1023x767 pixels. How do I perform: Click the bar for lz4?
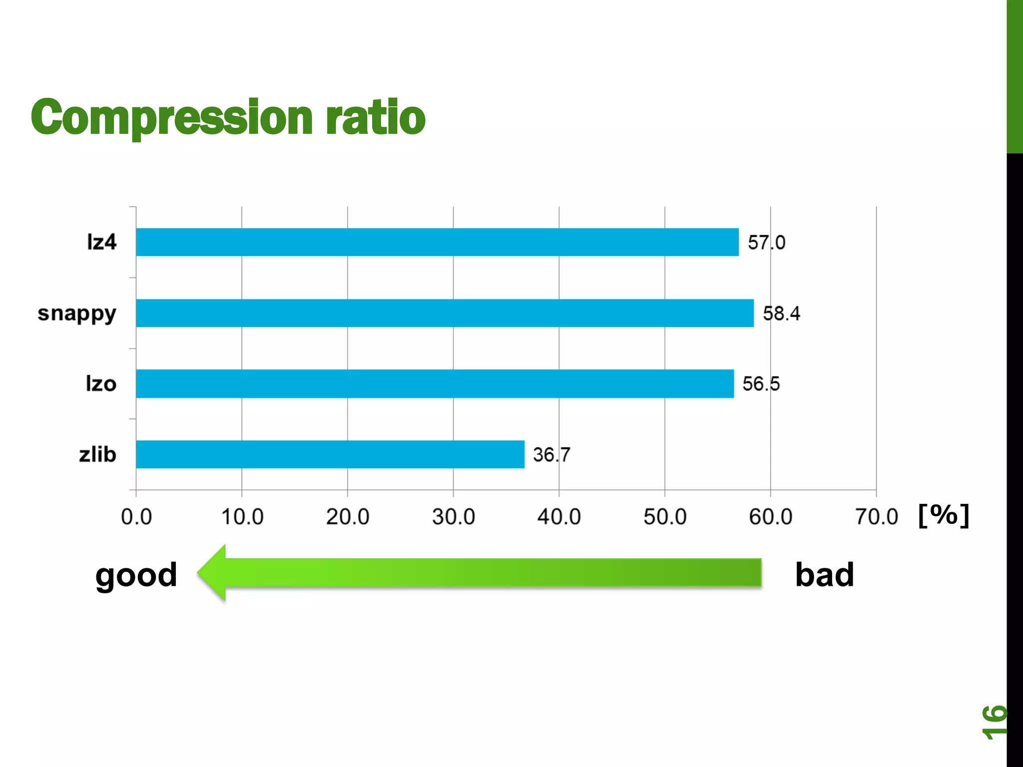tap(437, 242)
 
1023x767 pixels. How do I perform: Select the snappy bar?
tap(445, 313)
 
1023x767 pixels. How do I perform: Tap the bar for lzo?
tap(435, 383)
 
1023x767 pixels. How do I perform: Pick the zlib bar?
tap(330, 454)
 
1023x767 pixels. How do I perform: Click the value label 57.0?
tap(766, 243)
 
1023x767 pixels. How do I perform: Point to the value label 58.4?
tap(781, 314)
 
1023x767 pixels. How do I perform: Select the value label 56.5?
tap(761, 384)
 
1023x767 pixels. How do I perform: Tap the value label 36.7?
tap(551, 455)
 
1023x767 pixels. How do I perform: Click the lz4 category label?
tap(101, 242)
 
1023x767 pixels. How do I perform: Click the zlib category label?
tap(97, 454)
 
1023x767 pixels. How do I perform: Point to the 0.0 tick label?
tap(136, 517)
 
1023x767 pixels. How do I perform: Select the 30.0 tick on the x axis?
tap(454, 517)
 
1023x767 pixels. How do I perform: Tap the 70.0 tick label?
tap(876, 517)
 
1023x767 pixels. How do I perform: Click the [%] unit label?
tap(944, 515)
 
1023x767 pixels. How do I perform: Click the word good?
tap(136, 575)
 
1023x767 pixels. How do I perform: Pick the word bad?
tap(824, 575)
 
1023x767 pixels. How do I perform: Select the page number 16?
tap(994, 722)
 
